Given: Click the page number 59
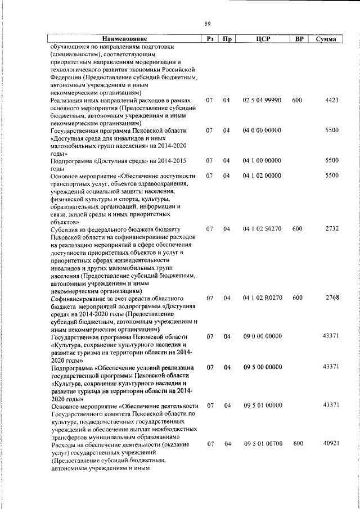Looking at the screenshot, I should (x=208, y=23).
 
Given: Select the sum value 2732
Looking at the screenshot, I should (x=331, y=229).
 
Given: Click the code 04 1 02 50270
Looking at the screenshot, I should (x=262, y=229).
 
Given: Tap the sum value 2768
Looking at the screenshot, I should (x=331, y=298).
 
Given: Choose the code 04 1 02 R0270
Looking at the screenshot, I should (x=262, y=298).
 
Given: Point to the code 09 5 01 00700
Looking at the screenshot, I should (x=262, y=444).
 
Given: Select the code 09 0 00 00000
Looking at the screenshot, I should (x=262, y=336).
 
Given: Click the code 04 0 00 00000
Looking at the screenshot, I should (x=262, y=130).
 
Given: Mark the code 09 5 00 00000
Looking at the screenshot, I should (x=262, y=367).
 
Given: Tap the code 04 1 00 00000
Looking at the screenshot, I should (x=262, y=160).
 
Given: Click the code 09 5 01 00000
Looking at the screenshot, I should (x=262, y=406).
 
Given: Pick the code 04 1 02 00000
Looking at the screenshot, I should (x=262, y=175).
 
